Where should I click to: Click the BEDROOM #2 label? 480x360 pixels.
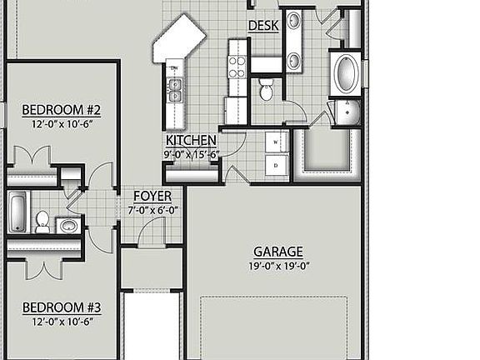[x=61, y=109]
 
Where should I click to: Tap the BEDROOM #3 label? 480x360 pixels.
[x=61, y=306]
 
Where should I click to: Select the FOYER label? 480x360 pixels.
[x=152, y=197]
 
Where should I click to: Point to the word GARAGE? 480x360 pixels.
[x=277, y=252]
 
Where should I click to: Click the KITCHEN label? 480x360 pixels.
[x=191, y=141]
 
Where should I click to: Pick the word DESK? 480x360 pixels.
[x=263, y=26]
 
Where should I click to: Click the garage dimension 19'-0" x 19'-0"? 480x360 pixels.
[x=277, y=267]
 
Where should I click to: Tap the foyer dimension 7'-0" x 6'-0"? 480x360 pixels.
[x=152, y=211]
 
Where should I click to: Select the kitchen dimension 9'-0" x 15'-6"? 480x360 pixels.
[x=191, y=154]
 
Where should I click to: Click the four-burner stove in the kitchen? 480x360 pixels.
[x=237, y=66]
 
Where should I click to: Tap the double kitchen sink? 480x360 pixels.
[x=176, y=87]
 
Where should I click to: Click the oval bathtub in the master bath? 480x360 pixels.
[x=343, y=75]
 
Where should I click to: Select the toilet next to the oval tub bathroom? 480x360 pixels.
[x=267, y=90]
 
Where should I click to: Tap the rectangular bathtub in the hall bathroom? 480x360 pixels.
[x=17, y=212]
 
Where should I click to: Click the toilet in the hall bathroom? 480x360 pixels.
[x=42, y=221]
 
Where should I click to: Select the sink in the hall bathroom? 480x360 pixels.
[x=68, y=225]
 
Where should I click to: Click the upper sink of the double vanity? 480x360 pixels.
[x=294, y=22]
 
